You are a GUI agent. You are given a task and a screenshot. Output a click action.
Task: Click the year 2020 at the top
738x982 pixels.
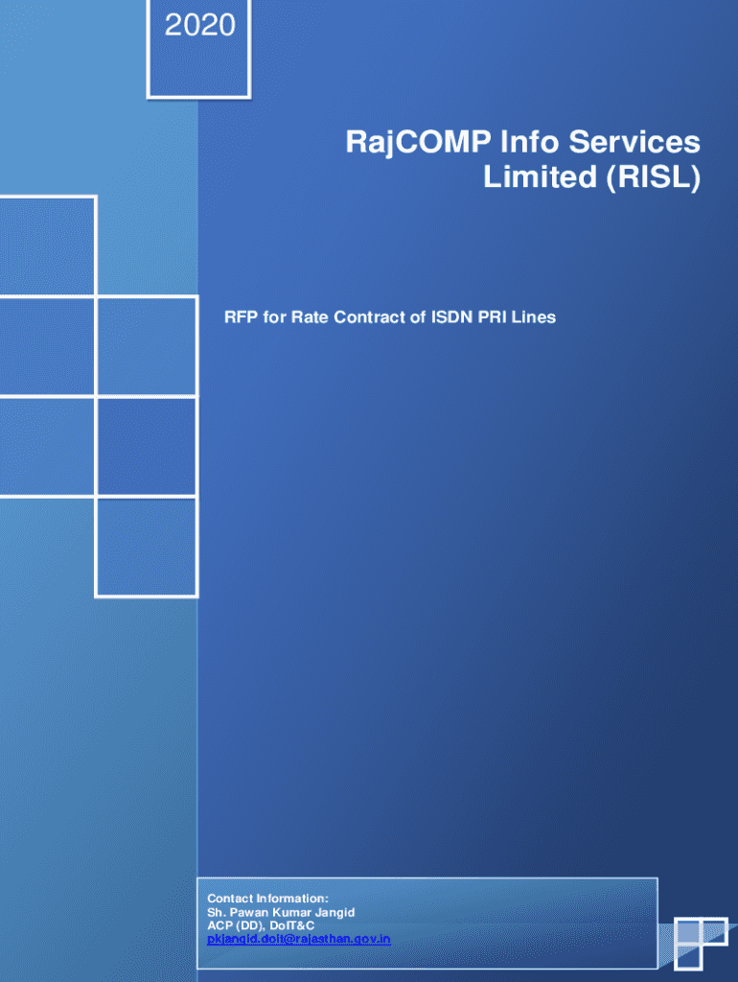pyautogui.click(x=199, y=26)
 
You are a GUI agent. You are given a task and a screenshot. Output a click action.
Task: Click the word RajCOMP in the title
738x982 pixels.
pyautogui.click(x=418, y=143)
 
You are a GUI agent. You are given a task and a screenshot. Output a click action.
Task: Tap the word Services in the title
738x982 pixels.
pyautogui.click(x=634, y=142)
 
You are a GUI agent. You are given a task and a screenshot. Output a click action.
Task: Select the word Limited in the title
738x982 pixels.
pyautogui.click(x=540, y=176)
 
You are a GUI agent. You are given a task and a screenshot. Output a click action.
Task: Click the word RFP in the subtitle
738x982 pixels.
pyautogui.click(x=241, y=316)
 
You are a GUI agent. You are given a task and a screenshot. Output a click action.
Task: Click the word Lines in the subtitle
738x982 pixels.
pyautogui.click(x=534, y=316)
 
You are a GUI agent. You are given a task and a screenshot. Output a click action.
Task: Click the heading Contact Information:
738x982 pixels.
pyautogui.click(x=268, y=899)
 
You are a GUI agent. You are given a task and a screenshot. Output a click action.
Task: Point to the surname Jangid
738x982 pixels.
pyautogui.click(x=334, y=913)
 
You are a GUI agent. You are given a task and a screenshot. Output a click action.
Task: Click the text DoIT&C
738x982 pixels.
pyautogui.click(x=291, y=925)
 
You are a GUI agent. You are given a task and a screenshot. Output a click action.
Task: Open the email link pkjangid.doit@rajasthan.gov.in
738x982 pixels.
pyautogui.click(x=299, y=940)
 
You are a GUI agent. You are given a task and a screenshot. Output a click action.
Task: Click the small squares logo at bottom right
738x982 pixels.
pyautogui.click(x=701, y=944)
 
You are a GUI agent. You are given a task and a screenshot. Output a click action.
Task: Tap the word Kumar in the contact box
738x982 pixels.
pyautogui.click(x=291, y=913)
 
